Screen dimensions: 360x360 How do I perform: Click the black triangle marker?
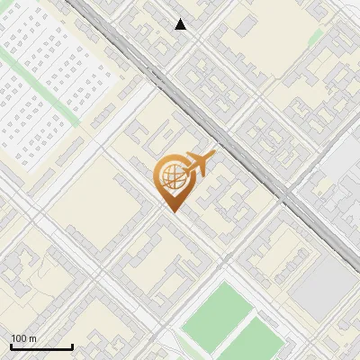click(x=181, y=24)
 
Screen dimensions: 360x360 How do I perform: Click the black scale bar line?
click(x=41, y=347)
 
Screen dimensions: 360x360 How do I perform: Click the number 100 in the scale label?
click(x=19, y=338)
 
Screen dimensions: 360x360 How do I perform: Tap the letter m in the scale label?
click(x=32, y=338)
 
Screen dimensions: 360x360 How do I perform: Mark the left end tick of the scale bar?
click(x=11, y=346)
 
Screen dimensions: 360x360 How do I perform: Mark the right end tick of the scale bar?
click(x=72, y=346)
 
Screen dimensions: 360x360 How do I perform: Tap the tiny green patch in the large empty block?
click(x=315, y=38)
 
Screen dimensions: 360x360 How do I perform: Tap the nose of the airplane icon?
click(x=214, y=155)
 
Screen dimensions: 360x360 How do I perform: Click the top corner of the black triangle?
click(x=181, y=19)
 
